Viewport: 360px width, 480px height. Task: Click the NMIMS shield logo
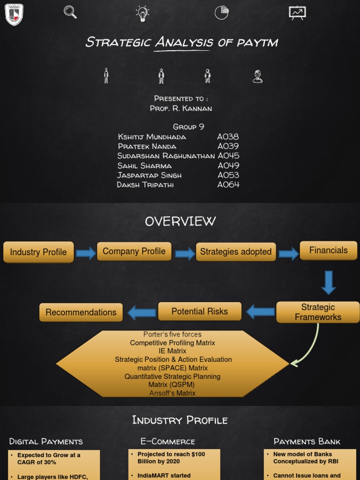pos(14,14)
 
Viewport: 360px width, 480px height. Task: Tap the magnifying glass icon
pos(70,12)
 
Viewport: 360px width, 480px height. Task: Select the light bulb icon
pos(142,13)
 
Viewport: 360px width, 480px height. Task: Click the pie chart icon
pos(222,13)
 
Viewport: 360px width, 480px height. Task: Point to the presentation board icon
pos(297,13)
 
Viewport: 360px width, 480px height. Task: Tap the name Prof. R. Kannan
pos(180,108)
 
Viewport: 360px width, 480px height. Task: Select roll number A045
pos(228,156)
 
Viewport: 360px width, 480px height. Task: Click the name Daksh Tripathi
pos(145,185)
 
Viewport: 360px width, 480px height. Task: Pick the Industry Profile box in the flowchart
pos(38,252)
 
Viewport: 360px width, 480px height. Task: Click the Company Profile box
pos(134,251)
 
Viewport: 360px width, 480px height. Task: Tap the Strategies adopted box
pos(235,252)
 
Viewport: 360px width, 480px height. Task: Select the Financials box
pos(328,250)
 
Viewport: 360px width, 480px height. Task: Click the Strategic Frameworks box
pos(318,312)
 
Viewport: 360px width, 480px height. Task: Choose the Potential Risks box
pos(200,311)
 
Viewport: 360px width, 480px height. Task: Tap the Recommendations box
pos(81,312)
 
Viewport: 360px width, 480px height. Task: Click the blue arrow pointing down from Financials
pos(328,282)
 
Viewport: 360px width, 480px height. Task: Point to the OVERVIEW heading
pos(180,221)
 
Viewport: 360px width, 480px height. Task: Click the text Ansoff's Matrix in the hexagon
pos(172,393)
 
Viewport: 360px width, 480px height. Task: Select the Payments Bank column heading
pos(307,442)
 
